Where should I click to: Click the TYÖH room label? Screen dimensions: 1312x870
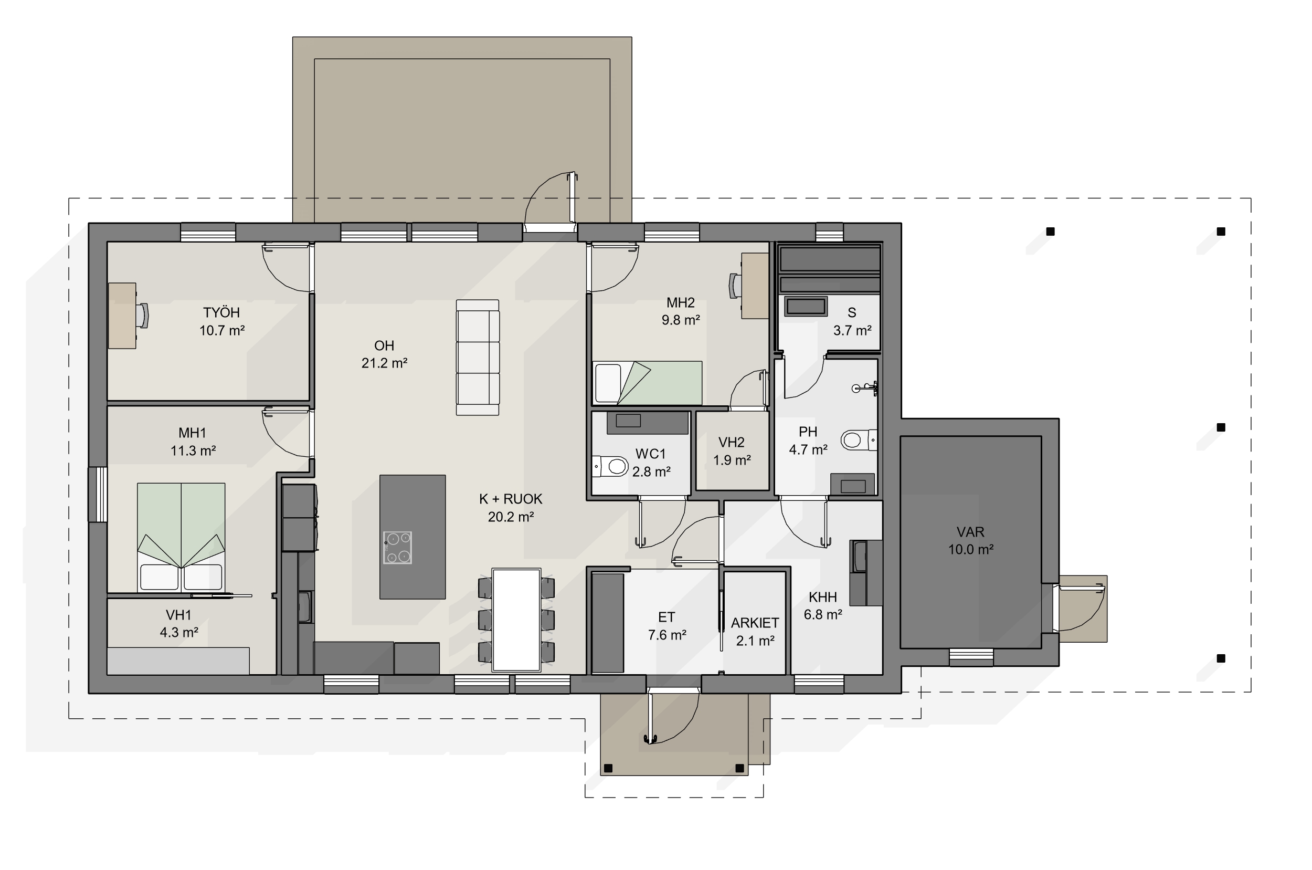(x=221, y=312)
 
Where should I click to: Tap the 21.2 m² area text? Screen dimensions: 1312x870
(x=384, y=363)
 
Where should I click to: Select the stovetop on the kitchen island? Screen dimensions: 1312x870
(x=397, y=547)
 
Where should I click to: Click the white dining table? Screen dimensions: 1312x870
(x=516, y=620)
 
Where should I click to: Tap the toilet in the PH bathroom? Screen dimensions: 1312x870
(x=859, y=440)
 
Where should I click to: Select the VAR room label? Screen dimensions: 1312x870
(x=970, y=532)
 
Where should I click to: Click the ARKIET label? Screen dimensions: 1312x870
(x=755, y=623)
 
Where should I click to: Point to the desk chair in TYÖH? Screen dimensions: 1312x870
(x=143, y=316)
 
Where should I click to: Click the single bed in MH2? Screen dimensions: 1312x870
(x=647, y=383)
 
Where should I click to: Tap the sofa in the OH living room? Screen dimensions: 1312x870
(x=478, y=358)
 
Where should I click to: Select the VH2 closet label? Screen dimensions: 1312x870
(x=732, y=442)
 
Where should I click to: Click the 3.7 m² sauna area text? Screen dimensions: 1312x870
(x=852, y=331)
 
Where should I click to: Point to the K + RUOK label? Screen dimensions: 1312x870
(x=511, y=499)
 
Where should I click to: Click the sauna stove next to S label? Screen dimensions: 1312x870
(x=805, y=306)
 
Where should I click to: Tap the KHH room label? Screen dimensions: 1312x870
(x=823, y=597)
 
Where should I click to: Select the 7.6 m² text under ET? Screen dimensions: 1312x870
(x=667, y=635)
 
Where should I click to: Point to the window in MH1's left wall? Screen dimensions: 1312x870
(x=98, y=495)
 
